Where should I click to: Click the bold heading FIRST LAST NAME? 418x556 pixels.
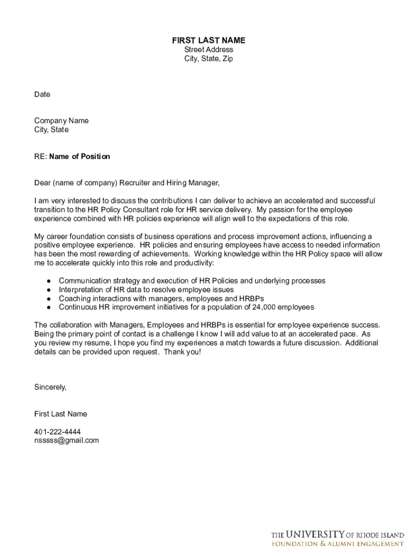coord(208,40)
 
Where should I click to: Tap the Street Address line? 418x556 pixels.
coord(208,49)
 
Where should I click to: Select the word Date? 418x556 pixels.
coord(42,94)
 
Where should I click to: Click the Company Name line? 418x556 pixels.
coord(61,121)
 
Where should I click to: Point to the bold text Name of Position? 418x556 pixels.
coord(79,156)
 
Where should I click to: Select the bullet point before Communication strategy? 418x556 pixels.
coord(49,281)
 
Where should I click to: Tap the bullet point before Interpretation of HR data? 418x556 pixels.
coord(49,290)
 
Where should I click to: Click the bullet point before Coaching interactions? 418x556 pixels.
coord(49,299)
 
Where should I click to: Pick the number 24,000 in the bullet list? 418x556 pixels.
coord(264,307)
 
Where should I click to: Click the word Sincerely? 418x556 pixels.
coord(50,387)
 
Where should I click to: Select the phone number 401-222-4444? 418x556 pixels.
coord(58,432)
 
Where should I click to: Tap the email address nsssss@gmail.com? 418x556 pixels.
coord(66,440)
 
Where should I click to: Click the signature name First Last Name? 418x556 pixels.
coord(60,414)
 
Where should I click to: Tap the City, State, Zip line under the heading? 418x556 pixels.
coord(208,59)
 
